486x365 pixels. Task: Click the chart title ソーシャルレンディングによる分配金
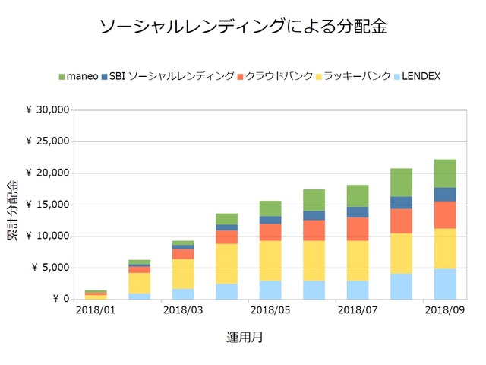243,27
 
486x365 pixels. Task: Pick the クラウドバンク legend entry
274,76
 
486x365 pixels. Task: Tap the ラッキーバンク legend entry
352,76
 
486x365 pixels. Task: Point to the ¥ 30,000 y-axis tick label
48,110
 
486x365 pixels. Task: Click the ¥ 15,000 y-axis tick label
48,205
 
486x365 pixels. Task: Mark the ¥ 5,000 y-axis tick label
50,268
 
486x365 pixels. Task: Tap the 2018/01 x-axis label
95,309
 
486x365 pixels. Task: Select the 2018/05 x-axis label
270,309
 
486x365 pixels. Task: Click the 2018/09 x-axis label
445,309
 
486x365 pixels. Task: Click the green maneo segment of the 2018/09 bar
446,173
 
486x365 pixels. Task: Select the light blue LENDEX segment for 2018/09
446,284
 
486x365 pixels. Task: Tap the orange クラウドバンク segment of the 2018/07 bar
358,229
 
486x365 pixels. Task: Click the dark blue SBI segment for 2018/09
446,195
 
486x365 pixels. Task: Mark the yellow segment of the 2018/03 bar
183,274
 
